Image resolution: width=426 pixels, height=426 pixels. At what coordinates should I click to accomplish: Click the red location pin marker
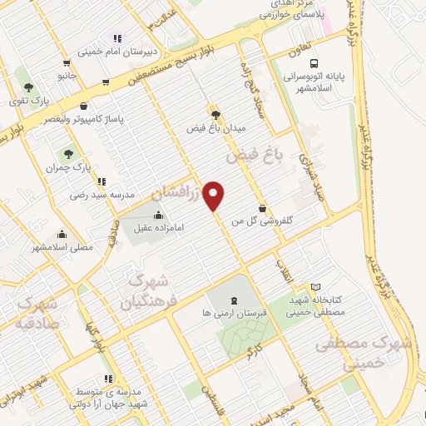pos(215,196)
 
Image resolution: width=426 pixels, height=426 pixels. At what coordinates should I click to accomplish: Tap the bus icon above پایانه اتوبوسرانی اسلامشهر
pos(314,62)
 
